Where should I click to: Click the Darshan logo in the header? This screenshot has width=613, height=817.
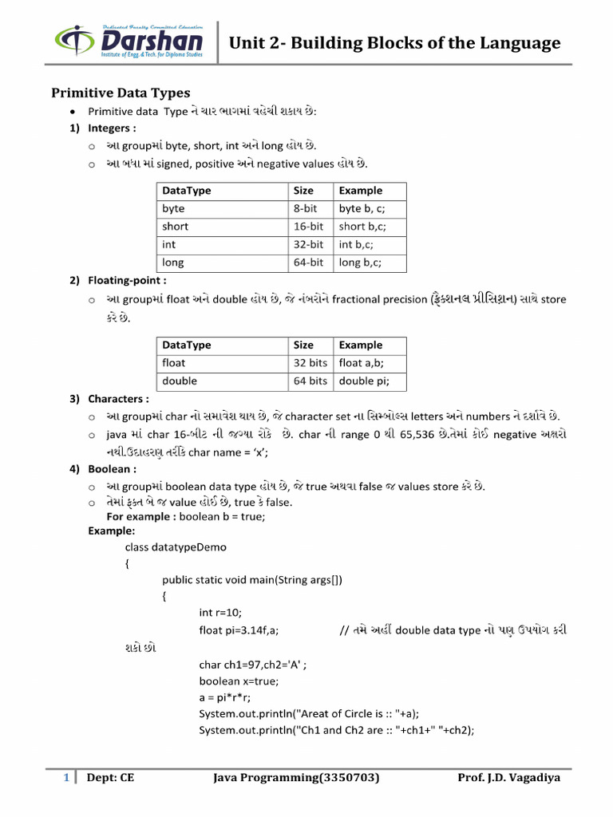pyautogui.click(x=129, y=41)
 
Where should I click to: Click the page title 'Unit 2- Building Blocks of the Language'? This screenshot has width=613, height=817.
pyautogui.click(x=394, y=43)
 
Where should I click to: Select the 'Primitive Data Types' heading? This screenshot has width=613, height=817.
pyautogui.click(x=121, y=93)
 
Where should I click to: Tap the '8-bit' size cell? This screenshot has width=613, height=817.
pyautogui.click(x=308, y=208)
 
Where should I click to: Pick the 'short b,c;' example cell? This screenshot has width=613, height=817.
pyautogui.click(x=362, y=226)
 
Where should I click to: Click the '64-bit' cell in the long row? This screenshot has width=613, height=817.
pyautogui.click(x=308, y=262)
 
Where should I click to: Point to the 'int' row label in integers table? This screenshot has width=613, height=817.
pyautogui.click(x=169, y=244)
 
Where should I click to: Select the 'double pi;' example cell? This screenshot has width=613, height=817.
pyautogui.click(x=364, y=381)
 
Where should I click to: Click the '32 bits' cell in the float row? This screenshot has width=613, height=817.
pyautogui.click(x=310, y=363)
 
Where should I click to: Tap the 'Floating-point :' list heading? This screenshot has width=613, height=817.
pyautogui.click(x=128, y=281)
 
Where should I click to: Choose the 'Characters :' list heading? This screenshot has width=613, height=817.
pyautogui.click(x=118, y=398)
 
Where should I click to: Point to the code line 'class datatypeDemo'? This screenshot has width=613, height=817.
pyautogui.click(x=176, y=547)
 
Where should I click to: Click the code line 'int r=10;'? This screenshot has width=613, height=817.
pyautogui.click(x=221, y=612)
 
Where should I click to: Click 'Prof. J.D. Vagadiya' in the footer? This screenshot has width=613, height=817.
pyautogui.click(x=508, y=778)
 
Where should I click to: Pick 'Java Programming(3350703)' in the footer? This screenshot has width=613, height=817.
pyautogui.click(x=296, y=778)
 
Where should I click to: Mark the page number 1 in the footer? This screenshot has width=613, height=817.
pyautogui.click(x=66, y=778)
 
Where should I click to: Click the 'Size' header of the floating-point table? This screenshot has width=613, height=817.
pyautogui.click(x=303, y=345)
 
